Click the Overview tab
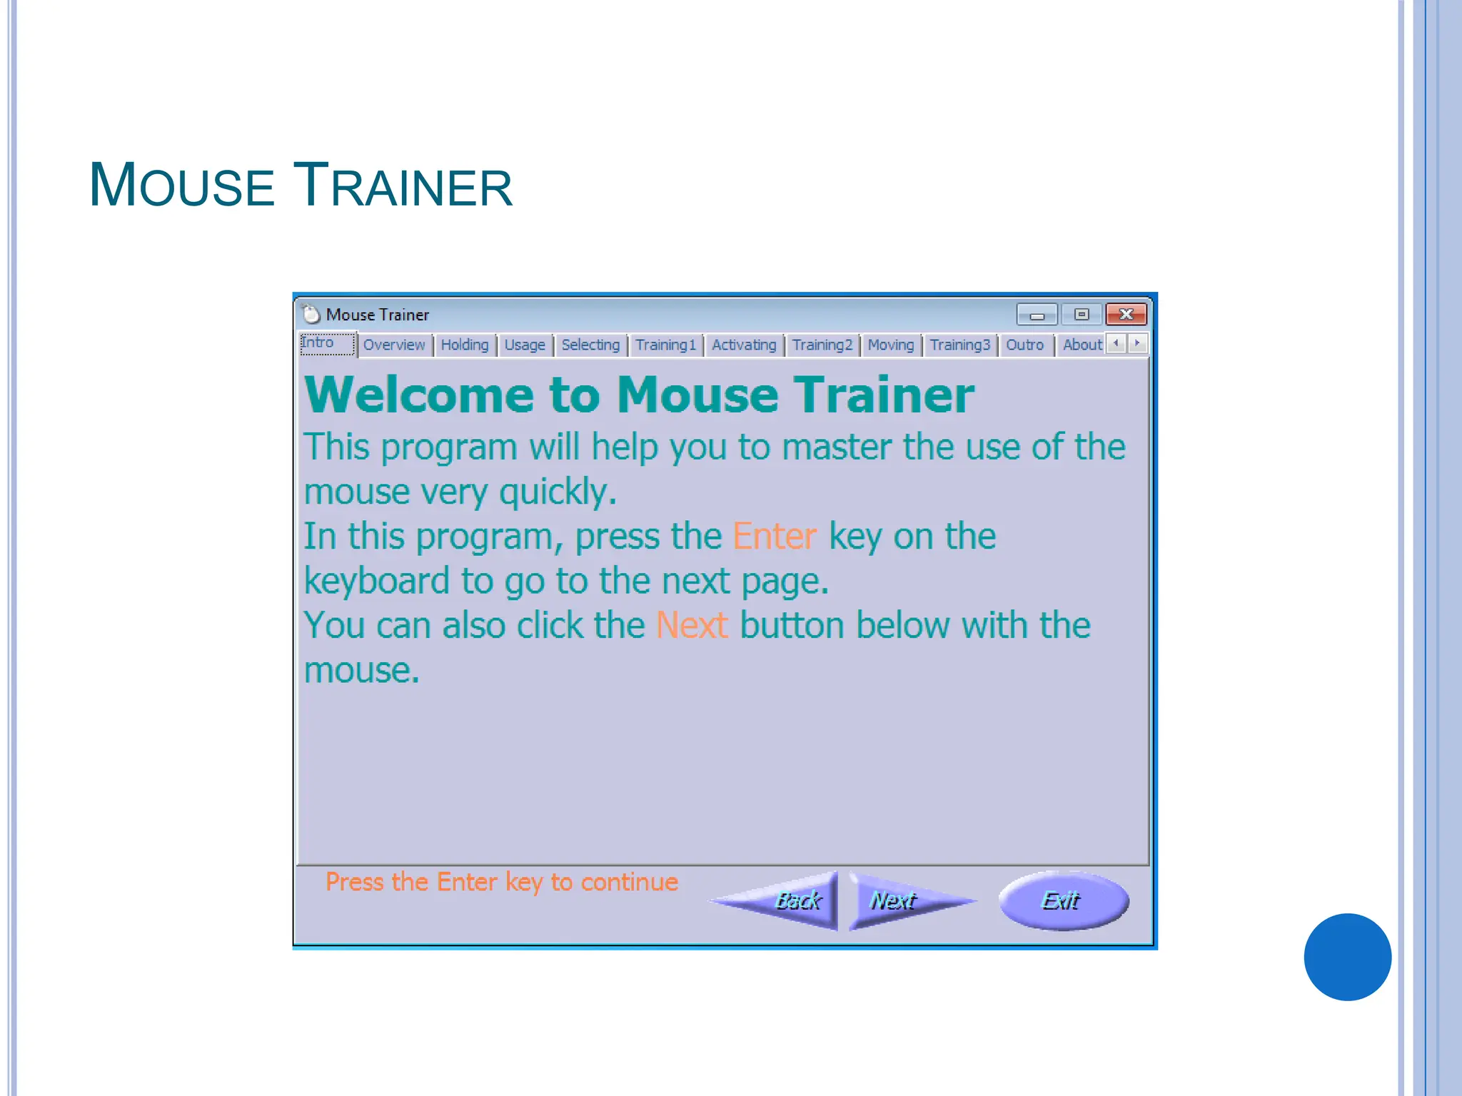pos(394,345)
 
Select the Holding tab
pos(465,345)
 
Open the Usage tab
pos(525,345)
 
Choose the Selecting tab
pos(590,345)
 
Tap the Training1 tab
pos(665,345)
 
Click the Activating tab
pos(744,345)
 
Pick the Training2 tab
pos(822,345)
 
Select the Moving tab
pos(890,345)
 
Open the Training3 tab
pos(960,345)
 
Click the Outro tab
pos(1025,345)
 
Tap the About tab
pos(1082,345)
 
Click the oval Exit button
pos(1063,901)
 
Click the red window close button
pos(1126,315)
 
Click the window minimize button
pos(1037,315)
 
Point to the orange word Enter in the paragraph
pos(775,537)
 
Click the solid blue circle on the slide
pos(1347,957)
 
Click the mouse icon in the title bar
pos(311,315)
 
